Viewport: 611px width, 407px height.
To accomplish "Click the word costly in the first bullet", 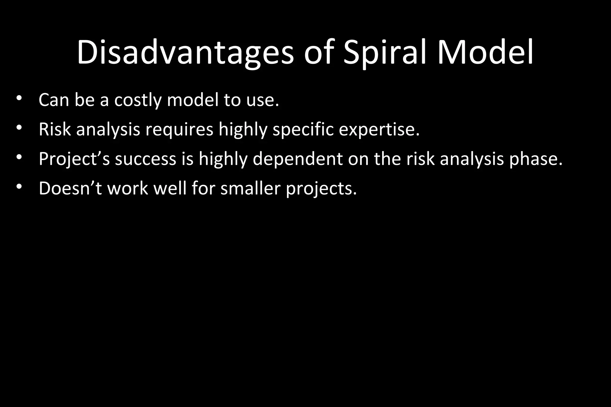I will (x=138, y=100).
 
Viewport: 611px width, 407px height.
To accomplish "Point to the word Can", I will (x=54, y=100).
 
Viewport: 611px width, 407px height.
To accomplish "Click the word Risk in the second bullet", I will (x=55, y=129).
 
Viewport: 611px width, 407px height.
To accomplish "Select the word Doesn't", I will (x=70, y=188).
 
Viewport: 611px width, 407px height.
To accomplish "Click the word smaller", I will (x=250, y=188).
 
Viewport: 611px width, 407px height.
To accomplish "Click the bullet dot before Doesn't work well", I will (x=19, y=187).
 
